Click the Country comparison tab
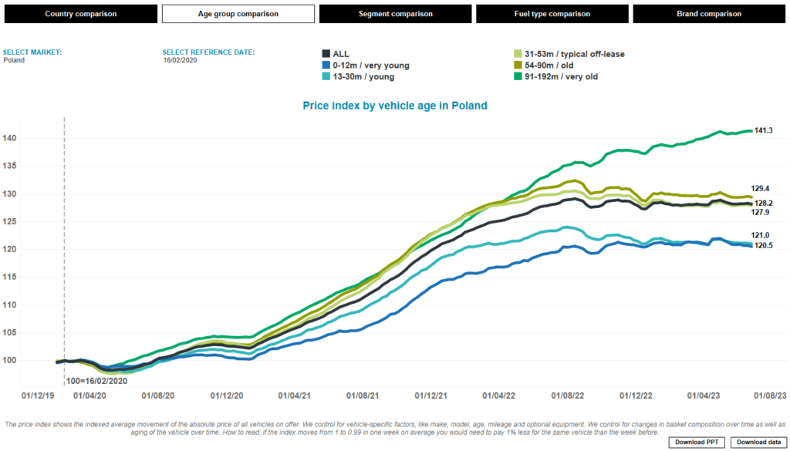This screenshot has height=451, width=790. tap(80, 14)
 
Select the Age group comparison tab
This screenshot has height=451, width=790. tap(238, 14)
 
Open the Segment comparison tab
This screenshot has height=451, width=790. tap(395, 14)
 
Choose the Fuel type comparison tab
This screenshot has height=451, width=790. tap(552, 14)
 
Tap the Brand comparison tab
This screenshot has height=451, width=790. tap(710, 14)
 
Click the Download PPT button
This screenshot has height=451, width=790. tap(697, 442)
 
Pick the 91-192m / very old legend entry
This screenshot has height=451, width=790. tap(555, 76)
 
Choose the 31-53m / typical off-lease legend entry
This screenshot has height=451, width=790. tap(569, 54)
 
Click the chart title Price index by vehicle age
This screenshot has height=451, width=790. tap(394, 106)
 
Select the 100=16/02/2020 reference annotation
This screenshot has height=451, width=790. tap(97, 380)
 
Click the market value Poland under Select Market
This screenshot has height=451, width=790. tap(14, 60)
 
